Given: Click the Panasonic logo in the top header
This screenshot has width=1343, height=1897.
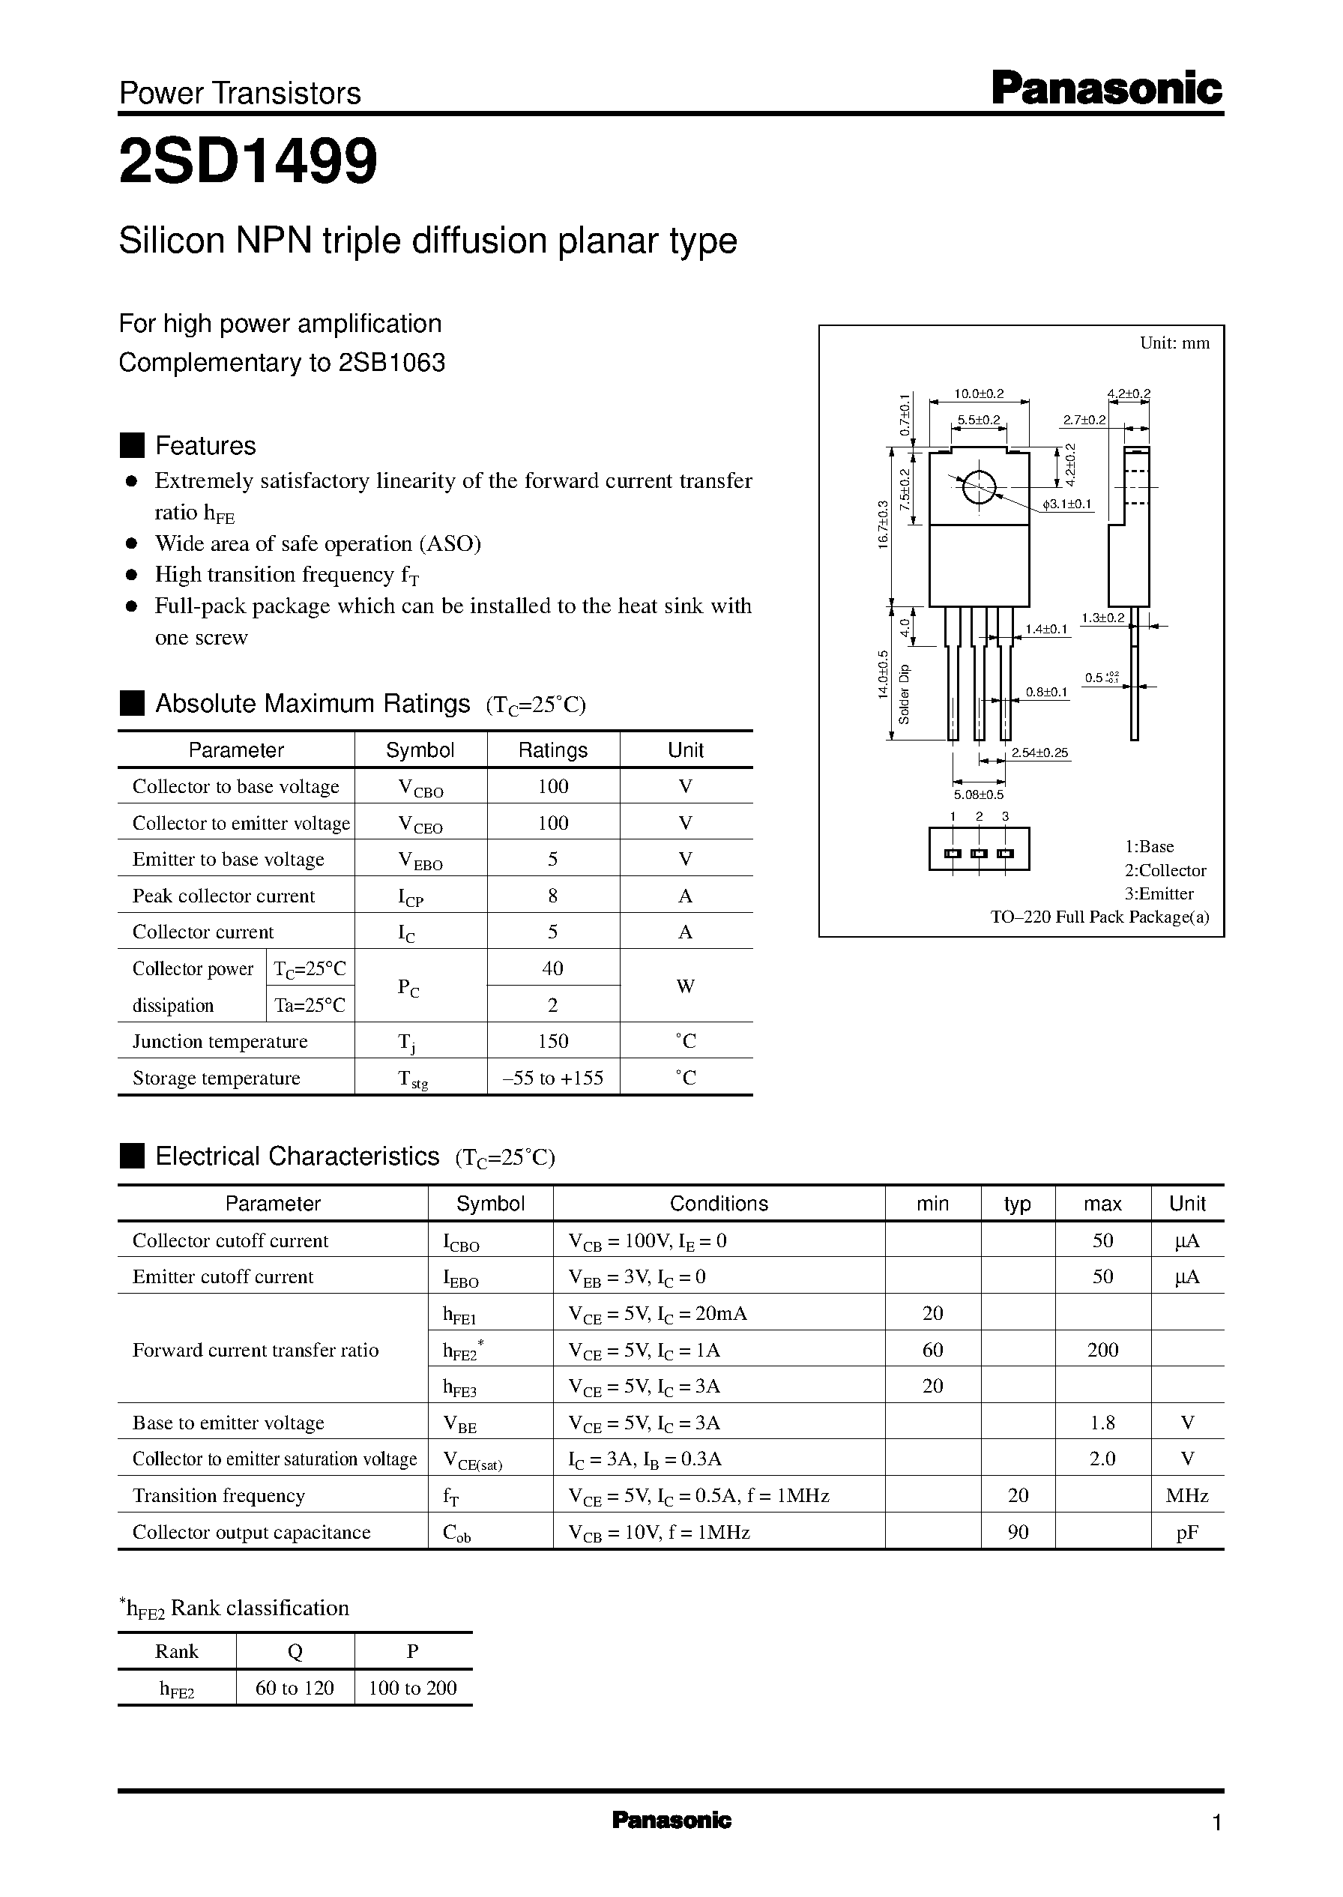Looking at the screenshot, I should coord(1105,88).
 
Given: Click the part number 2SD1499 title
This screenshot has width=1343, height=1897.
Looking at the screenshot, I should coord(248,161).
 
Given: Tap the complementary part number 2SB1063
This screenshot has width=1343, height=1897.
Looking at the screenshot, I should coord(392,363).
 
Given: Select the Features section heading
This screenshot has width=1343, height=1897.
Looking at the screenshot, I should coord(205,446).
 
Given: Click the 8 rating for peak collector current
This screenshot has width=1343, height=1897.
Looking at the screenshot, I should coord(552,896).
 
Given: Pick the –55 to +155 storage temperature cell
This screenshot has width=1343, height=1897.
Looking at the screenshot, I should coord(553,1078).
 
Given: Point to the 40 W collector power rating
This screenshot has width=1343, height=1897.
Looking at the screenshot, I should coord(552,968).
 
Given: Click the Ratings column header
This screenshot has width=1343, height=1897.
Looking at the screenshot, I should coord(552,750).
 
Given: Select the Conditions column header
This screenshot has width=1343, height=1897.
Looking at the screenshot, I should coord(718,1203).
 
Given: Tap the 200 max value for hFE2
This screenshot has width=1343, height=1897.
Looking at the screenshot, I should coord(1102,1350).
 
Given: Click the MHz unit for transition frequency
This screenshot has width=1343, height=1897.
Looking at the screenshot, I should coord(1186,1495).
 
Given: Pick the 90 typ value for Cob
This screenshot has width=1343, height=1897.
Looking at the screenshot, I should coord(1018,1531).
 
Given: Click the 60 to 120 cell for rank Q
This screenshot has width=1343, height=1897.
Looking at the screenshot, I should coord(295,1688).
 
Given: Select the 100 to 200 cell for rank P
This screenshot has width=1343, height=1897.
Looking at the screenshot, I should coord(413,1688).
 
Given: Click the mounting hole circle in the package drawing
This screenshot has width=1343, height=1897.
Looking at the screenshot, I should coord(978,487).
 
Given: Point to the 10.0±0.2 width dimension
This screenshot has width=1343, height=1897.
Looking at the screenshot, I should coord(979,393).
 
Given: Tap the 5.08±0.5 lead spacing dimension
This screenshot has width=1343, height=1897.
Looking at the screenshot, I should coord(978,794).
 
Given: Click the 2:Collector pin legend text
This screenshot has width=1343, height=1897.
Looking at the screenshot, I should coord(1165,870).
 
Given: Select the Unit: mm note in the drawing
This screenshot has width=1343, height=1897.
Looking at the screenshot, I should coord(1174,343).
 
